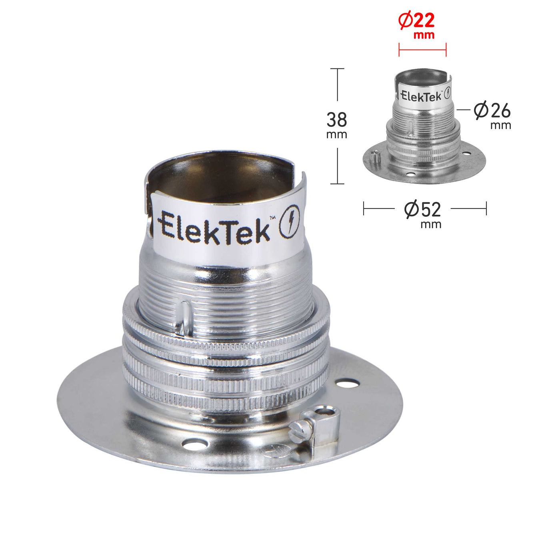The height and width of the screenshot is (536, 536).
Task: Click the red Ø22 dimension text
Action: [416, 21]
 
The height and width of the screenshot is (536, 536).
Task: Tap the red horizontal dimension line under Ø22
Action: [422, 50]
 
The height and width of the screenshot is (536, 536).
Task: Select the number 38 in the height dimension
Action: [336, 120]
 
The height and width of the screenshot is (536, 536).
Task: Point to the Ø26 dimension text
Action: [492, 111]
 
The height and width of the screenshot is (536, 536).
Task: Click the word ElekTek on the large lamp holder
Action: [214, 228]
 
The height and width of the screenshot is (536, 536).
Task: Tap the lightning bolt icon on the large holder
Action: [290, 222]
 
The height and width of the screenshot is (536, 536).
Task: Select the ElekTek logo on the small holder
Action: [425, 94]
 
